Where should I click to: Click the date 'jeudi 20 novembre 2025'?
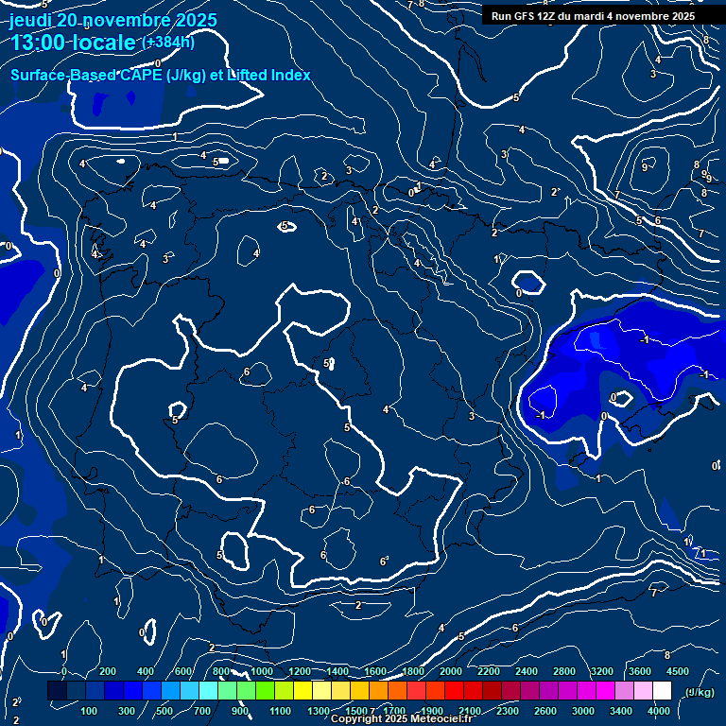pyautogui.click(x=113, y=21)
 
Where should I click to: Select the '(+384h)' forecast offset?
pyautogui.click(x=168, y=42)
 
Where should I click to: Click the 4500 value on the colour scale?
pyautogui.click(x=678, y=671)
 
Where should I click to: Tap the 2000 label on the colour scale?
pyautogui.click(x=451, y=671)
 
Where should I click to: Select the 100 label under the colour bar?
pyautogui.click(x=90, y=711)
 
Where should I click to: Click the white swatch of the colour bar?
pyautogui.click(x=662, y=691)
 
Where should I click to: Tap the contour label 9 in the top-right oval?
pyautogui.click(x=645, y=167)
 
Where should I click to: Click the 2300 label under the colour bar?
pyautogui.click(x=508, y=711)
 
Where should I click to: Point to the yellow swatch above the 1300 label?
pyautogui.click(x=321, y=691)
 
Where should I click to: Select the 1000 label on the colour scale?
pyautogui.click(x=262, y=671)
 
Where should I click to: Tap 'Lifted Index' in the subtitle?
pyautogui.click(x=269, y=76)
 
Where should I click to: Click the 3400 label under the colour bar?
pyautogui.click(x=621, y=711)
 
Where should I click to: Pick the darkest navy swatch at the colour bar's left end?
pyautogui.click(x=57, y=691)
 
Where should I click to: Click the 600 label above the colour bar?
pyautogui.click(x=183, y=671)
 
